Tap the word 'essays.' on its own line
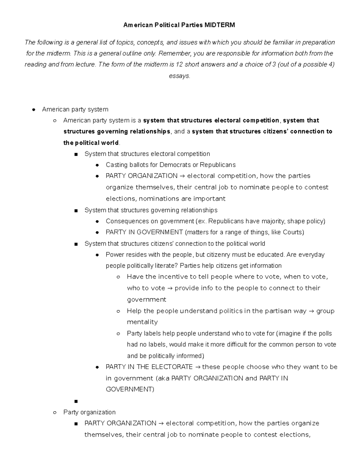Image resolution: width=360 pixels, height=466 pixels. (179, 76)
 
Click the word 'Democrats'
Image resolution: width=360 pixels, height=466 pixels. (175, 165)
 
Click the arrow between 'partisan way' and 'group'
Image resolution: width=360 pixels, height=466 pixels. (311, 311)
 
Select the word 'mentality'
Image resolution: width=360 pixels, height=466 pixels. (142, 322)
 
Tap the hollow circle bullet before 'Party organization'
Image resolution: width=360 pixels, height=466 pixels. (55, 413)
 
